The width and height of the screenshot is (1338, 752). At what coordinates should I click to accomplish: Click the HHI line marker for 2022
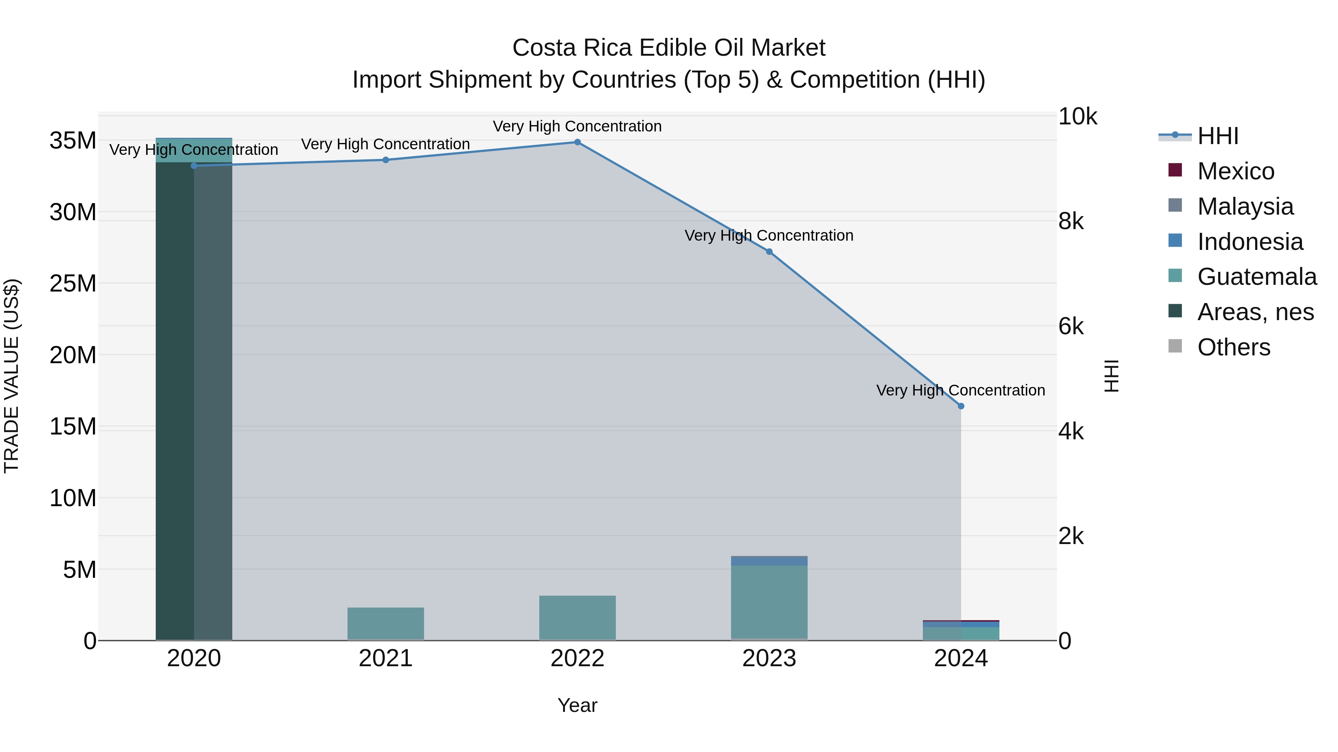pyautogui.click(x=577, y=142)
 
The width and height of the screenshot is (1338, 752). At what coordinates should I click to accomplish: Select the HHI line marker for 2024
pyautogui.click(x=961, y=406)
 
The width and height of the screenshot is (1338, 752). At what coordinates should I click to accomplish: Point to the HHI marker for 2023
pyautogui.click(x=769, y=252)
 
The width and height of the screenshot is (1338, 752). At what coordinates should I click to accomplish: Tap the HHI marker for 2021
pyautogui.click(x=385, y=160)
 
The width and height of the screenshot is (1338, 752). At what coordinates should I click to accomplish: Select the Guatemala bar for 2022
pyautogui.click(x=577, y=618)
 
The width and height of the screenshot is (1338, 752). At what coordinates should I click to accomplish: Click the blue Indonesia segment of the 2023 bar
pyautogui.click(x=769, y=561)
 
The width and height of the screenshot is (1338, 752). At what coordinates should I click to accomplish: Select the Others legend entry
pyautogui.click(x=1233, y=347)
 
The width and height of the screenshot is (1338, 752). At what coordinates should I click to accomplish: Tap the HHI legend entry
pyautogui.click(x=1218, y=136)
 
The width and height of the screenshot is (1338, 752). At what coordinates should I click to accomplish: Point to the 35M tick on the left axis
pyautogui.click(x=73, y=141)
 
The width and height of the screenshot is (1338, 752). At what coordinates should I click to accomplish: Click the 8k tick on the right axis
pyautogui.click(x=1071, y=222)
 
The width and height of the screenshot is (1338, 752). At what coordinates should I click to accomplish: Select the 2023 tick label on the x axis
pyautogui.click(x=769, y=658)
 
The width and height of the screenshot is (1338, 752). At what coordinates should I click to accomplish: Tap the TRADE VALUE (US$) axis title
pyautogui.click(x=12, y=376)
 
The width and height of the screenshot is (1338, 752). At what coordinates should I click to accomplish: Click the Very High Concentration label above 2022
pyautogui.click(x=577, y=126)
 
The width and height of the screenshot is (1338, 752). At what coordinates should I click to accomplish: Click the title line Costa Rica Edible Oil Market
pyautogui.click(x=669, y=48)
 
